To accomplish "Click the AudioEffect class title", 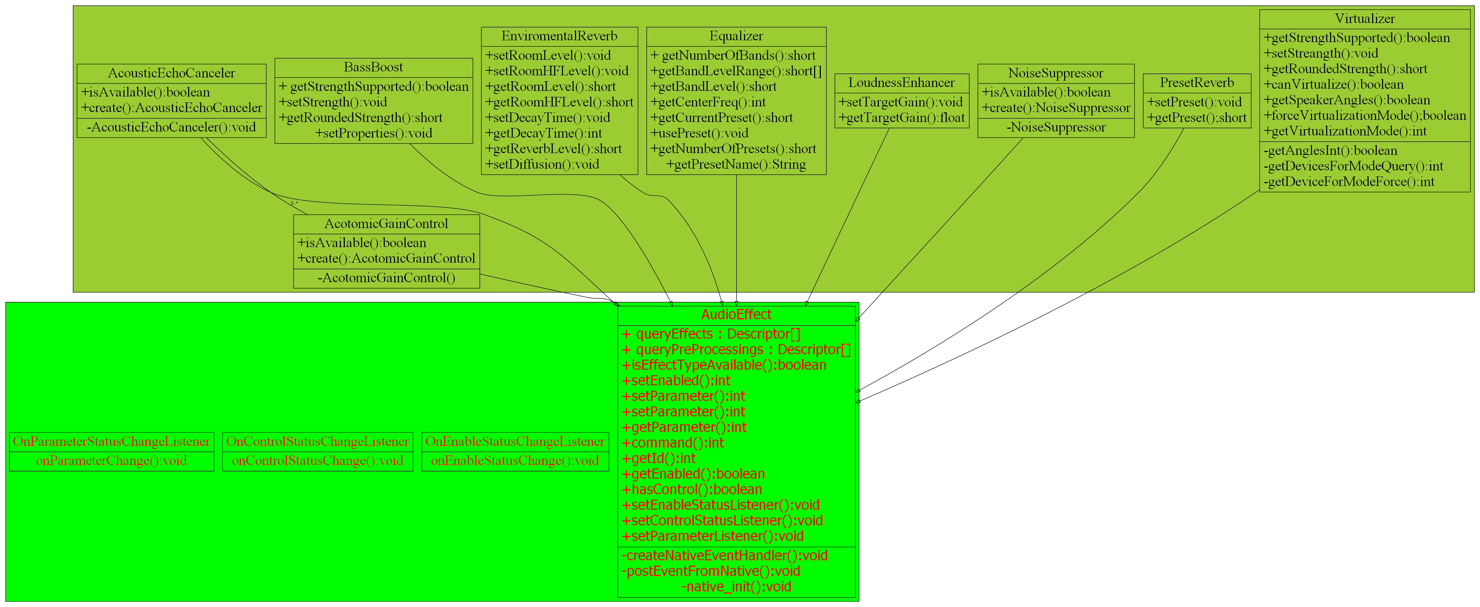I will [x=736, y=315].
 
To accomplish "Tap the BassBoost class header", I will [x=373, y=67].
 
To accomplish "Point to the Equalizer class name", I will [x=736, y=36].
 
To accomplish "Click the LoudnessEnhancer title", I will [x=901, y=83].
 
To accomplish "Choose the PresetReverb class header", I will [x=1197, y=83].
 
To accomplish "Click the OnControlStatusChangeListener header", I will [x=317, y=442].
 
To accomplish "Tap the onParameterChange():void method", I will [x=111, y=461].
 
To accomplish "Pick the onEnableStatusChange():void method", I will [x=515, y=461].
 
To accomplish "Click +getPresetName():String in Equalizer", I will [x=736, y=165].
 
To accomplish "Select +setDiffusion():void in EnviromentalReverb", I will [x=542, y=165].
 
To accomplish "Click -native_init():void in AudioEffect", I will [x=736, y=587].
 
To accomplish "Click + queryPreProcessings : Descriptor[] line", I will [x=736, y=350].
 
